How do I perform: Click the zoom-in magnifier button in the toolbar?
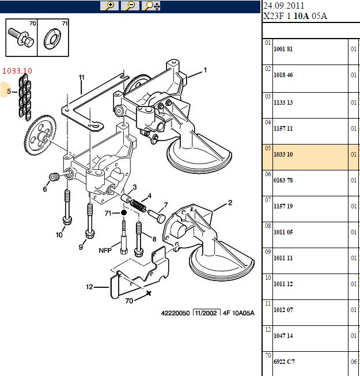(x=109, y=6)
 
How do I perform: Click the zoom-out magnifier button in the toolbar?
(x=130, y=6)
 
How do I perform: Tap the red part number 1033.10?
(x=17, y=71)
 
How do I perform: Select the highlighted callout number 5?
(x=9, y=91)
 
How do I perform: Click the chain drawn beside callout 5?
(x=25, y=97)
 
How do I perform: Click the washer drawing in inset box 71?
(x=52, y=38)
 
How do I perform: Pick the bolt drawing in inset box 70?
(x=21, y=37)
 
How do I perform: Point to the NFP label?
(x=105, y=250)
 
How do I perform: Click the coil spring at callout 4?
(x=138, y=206)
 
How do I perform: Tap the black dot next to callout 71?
(x=124, y=212)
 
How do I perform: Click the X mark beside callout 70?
(x=149, y=293)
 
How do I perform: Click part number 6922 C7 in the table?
(x=284, y=362)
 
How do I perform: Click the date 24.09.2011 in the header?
(x=284, y=6)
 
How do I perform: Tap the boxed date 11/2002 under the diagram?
(x=206, y=313)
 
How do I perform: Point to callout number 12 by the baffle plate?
(x=89, y=287)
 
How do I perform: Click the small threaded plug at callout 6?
(x=54, y=177)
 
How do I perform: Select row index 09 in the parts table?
(x=268, y=252)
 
